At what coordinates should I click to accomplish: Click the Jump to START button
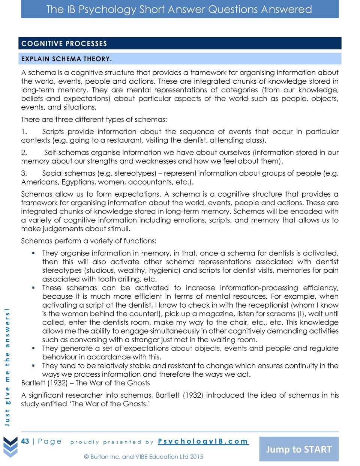[x=298, y=449]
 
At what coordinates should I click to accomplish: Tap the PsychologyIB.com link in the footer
[x=203, y=441]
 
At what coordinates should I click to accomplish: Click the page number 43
[x=25, y=441]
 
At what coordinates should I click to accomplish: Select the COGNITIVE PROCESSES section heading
[x=64, y=44]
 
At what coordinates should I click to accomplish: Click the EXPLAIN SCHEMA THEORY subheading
[x=66, y=59]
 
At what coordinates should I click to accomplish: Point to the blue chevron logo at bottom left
[x=10, y=446]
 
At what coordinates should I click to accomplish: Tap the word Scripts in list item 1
[x=53, y=132]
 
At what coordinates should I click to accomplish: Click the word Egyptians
[x=78, y=182]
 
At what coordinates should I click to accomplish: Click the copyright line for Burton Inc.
[x=144, y=457]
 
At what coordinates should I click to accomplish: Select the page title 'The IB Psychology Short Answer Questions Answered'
[x=179, y=9]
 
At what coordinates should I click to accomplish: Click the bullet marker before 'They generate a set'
[x=33, y=349]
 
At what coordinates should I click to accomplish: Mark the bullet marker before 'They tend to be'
[x=33, y=366]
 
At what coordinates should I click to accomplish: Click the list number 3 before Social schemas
[x=23, y=173]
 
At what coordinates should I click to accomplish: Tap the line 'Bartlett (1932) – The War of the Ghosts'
[x=85, y=383]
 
